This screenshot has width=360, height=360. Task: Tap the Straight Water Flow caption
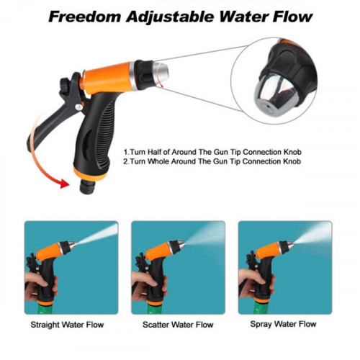(73, 325)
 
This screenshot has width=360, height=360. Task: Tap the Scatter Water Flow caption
(178, 325)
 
